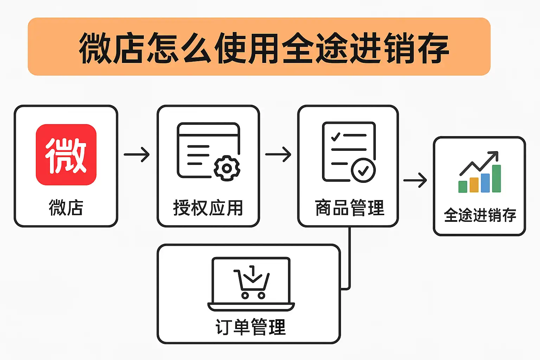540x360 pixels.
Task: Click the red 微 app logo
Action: pyautogui.click(x=66, y=155)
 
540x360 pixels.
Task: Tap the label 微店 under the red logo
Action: pyautogui.click(x=66, y=207)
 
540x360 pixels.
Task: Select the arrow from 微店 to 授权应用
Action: pyautogui.click(x=137, y=155)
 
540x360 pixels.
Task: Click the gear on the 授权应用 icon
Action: pyautogui.click(x=227, y=168)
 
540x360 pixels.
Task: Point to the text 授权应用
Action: pyautogui.click(x=208, y=208)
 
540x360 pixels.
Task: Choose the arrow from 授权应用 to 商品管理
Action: pyautogui.click(x=278, y=154)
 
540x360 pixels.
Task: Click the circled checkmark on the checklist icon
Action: pyautogui.click(x=363, y=171)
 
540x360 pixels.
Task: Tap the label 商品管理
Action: pyautogui.click(x=349, y=208)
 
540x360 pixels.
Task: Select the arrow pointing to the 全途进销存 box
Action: pyautogui.click(x=415, y=180)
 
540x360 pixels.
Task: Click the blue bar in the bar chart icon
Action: pyautogui.click(x=485, y=183)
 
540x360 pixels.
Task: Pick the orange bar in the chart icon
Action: pyautogui.click(x=474, y=185)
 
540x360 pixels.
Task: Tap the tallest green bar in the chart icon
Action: pyautogui.click(x=496, y=179)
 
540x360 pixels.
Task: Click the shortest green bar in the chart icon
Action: pyautogui.click(x=463, y=187)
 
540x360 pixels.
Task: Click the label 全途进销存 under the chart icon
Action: pyautogui.click(x=480, y=215)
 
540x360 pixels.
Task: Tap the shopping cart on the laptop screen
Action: pyautogui.click(x=252, y=283)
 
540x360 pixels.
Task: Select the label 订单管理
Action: pyautogui.click(x=251, y=327)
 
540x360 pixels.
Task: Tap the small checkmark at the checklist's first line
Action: pyautogui.click(x=335, y=136)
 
